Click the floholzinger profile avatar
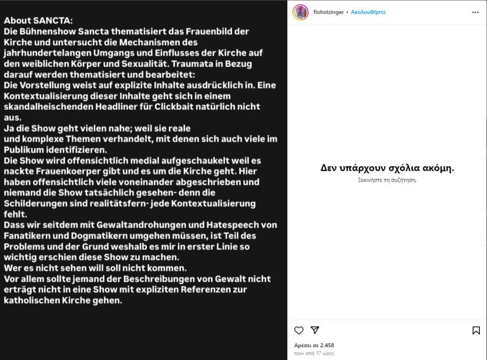(x=301, y=12)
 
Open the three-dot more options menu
(x=475, y=12)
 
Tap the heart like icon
(x=299, y=331)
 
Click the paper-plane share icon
(x=315, y=331)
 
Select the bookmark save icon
(x=476, y=331)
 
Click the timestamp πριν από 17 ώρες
(x=314, y=353)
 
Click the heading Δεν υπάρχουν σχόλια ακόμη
(x=387, y=168)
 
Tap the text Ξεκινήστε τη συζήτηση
(x=387, y=180)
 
